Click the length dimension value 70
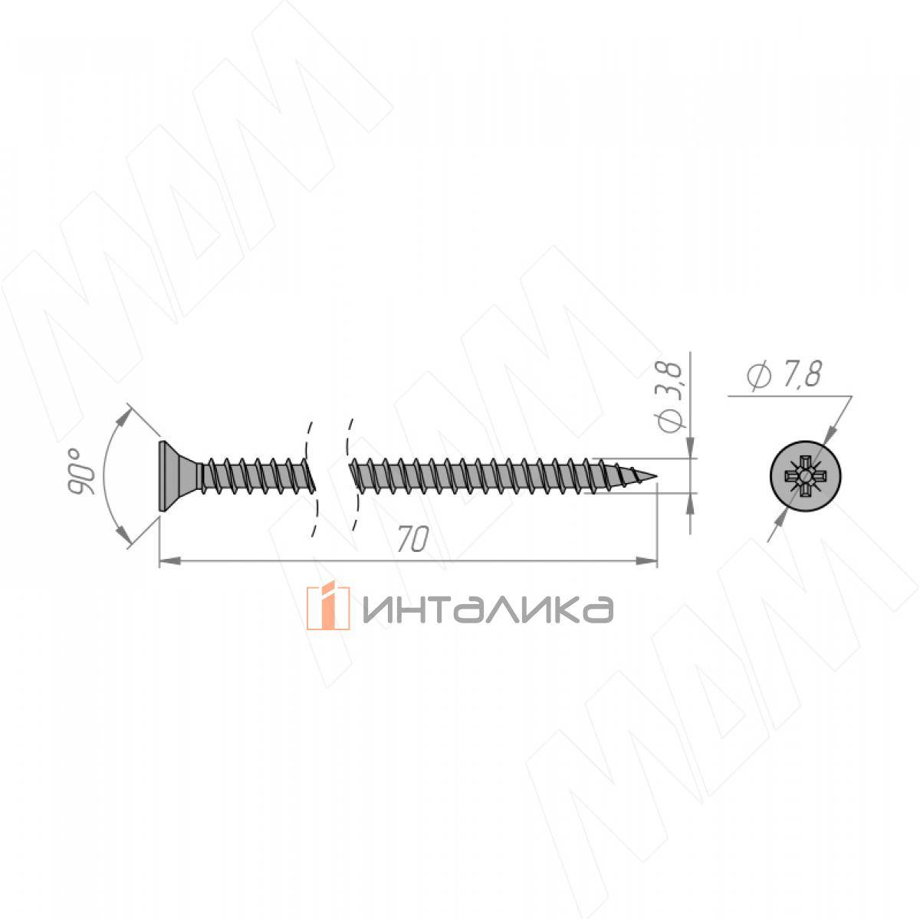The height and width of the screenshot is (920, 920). click(412, 539)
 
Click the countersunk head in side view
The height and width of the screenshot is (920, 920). click(179, 476)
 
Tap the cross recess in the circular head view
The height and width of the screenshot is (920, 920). click(805, 476)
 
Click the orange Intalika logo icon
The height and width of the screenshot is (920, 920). click(328, 608)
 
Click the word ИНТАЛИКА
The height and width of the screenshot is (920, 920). click(488, 609)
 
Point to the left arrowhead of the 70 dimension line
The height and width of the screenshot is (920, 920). click(168, 562)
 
